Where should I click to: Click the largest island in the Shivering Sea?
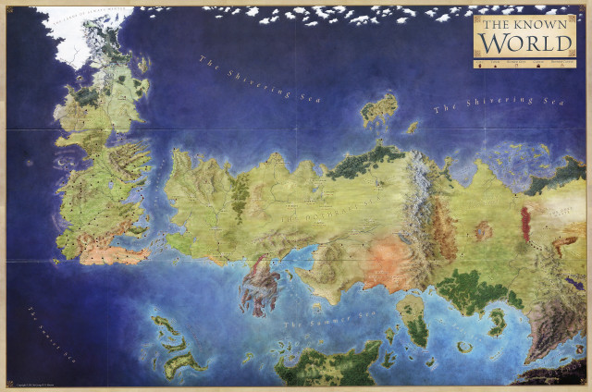click(379, 111)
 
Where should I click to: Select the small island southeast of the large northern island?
click(412, 128)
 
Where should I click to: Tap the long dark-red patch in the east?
click(526, 223)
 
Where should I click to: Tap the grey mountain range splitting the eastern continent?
click(427, 208)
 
